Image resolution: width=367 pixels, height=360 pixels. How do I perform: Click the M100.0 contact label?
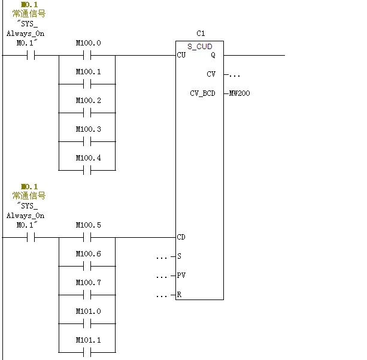click(88, 43)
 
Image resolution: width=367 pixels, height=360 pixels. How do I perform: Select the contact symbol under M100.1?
click(87, 84)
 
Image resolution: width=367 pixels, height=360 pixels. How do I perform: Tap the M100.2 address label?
click(88, 101)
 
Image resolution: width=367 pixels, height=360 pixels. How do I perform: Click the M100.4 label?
click(88, 158)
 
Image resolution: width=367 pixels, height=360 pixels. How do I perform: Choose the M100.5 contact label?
click(88, 225)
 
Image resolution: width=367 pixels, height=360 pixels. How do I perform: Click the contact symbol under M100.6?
click(87, 267)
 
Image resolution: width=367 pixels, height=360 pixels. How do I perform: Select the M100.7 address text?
click(88, 283)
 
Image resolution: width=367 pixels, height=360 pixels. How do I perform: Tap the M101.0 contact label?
click(88, 311)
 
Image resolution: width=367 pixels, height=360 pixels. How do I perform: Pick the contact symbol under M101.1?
click(87, 353)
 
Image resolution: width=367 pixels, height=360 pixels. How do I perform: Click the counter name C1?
click(200, 33)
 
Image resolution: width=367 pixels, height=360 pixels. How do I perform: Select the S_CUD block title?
click(200, 46)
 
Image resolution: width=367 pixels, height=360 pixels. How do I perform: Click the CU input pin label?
click(181, 55)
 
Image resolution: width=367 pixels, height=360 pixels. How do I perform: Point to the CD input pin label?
click(181, 237)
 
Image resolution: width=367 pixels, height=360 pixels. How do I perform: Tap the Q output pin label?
click(213, 55)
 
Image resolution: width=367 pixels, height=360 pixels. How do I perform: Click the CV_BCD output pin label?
click(202, 93)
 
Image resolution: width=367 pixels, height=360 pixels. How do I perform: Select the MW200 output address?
click(239, 93)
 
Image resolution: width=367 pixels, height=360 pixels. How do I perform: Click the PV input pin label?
click(181, 276)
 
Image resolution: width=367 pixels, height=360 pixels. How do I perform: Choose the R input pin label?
click(179, 295)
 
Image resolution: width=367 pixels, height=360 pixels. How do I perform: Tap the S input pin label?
click(179, 256)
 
